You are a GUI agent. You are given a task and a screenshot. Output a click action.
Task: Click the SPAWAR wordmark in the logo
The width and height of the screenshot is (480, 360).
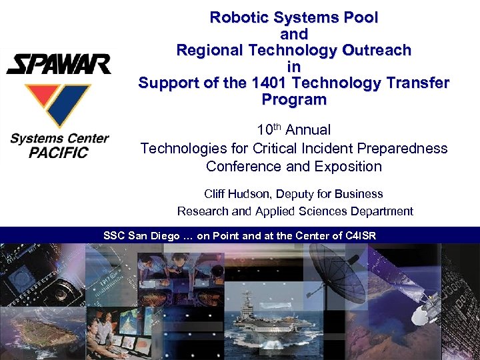[59, 64]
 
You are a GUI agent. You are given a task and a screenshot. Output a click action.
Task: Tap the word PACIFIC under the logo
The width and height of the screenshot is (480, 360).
[59, 153]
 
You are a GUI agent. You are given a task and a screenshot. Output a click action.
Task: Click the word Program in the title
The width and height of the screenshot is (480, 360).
[294, 100]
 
